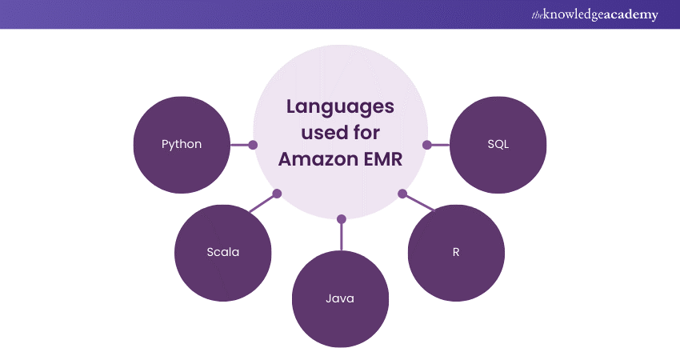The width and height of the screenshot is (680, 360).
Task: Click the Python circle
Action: point(182,145)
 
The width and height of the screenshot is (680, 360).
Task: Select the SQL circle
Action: point(498,145)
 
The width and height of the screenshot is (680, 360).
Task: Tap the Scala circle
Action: point(222,253)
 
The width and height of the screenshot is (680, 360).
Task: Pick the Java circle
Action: point(340,299)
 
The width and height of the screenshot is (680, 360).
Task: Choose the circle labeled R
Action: point(456,252)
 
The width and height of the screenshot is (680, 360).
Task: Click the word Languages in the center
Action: point(341,106)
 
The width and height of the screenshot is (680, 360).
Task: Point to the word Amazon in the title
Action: point(315,158)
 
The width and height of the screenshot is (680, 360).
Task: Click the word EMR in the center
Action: point(381,158)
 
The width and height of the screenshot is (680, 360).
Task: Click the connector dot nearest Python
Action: point(253,145)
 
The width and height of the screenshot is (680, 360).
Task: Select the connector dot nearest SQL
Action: point(427,145)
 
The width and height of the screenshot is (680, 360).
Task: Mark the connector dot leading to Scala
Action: point(278,194)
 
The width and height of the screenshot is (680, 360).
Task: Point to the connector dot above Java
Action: point(342,218)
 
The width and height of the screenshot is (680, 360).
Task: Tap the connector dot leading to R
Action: point(402,194)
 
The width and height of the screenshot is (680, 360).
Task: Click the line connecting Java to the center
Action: point(342,237)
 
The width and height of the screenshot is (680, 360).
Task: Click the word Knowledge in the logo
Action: point(574,14)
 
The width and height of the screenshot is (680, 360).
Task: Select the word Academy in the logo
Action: point(631,14)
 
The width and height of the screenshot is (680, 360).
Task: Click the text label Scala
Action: point(222,253)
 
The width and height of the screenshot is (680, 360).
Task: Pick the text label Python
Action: point(182,145)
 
